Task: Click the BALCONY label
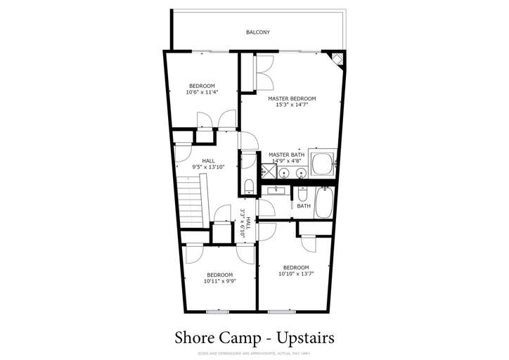pyautogui.click(x=257, y=32)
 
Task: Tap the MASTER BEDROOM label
pyautogui.click(x=291, y=98)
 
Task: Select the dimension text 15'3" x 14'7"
pyautogui.click(x=291, y=105)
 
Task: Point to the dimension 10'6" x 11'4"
pyautogui.click(x=202, y=92)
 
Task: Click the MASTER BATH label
pyautogui.click(x=286, y=155)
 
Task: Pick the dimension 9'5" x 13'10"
pyautogui.click(x=209, y=167)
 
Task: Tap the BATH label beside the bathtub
pyautogui.click(x=303, y=206)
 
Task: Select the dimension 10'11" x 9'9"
pyautogui.click(x=219, y=281)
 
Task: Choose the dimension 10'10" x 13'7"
pyautogui.click(x=296, y=274)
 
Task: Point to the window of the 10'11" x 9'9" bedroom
pyautogui.click(x=218, y=311)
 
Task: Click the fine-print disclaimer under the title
pyautogui.click(x=254, y=353)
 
